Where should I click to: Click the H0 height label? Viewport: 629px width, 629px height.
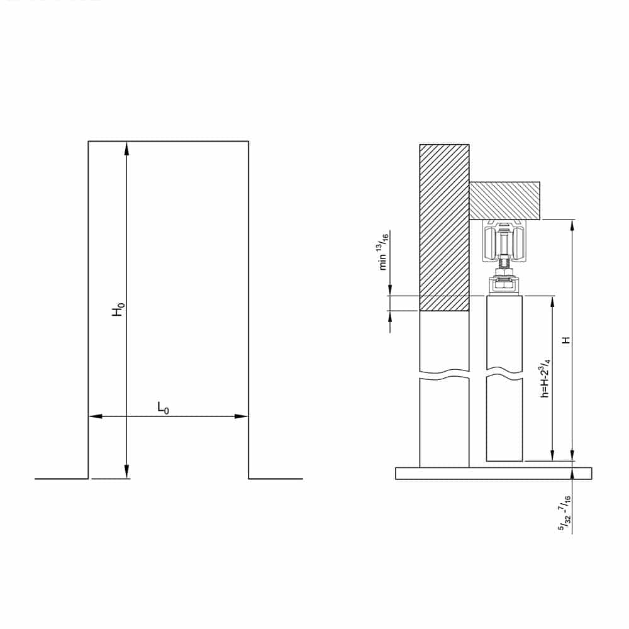point(118,309)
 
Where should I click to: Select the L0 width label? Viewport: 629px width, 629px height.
point(163,408)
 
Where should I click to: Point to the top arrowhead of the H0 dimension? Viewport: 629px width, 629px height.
point(126,147)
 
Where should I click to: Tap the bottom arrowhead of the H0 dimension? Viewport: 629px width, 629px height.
point(126,472)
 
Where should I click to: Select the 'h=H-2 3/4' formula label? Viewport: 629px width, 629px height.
point(545,378)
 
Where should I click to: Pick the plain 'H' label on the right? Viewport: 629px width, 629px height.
point(566,340)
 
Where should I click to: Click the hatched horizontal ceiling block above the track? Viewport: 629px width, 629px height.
point(505,200)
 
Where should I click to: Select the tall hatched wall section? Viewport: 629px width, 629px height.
point(444,226)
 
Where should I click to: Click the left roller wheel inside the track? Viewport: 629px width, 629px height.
point(490,244)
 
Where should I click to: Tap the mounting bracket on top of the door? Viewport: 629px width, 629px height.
point(504,286)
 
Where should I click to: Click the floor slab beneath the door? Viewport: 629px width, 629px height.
point(493,473)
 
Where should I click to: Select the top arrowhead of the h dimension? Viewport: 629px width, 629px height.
point(553,301)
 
